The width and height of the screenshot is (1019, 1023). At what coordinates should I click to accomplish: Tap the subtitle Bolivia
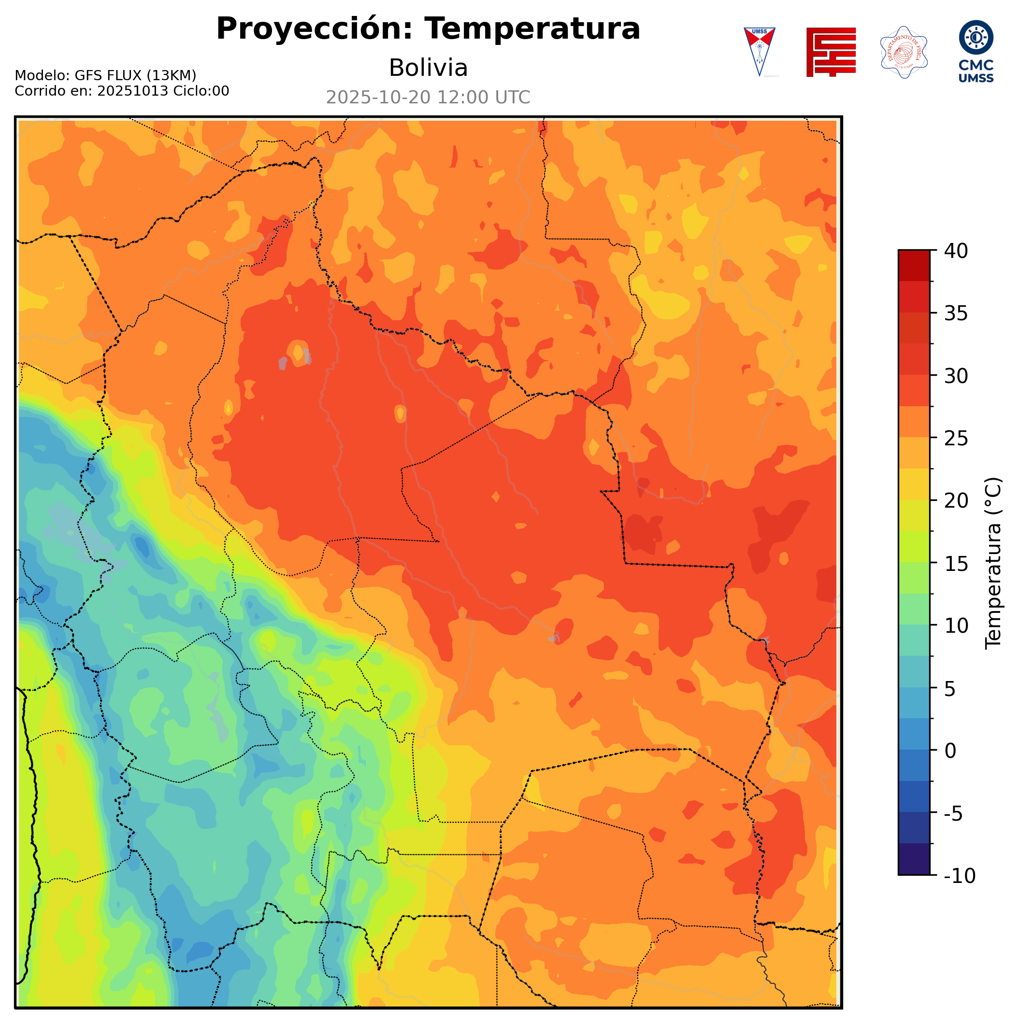[x=428, y=68]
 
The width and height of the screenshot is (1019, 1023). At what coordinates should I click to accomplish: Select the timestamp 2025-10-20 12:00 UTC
[x=428, y=98]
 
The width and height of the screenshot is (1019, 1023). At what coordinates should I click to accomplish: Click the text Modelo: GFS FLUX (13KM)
[x=105, y=76]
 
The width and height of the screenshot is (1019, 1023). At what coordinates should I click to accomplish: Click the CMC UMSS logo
[x=976, y=51]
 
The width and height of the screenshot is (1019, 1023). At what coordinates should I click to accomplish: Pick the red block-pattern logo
[x=831, y=52]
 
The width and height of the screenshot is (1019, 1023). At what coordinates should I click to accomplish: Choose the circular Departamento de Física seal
[x=903, y=52]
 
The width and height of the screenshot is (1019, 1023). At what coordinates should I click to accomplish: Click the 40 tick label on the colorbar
[x=956, y=251]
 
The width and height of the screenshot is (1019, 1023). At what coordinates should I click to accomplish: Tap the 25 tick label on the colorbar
[x=956, y=439]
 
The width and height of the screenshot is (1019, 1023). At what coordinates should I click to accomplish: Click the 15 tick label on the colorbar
[x=956, y=563]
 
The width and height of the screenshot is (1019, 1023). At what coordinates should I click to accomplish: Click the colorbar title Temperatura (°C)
[x=993, y=563]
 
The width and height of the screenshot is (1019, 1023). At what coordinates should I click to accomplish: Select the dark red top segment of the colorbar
[x=914, y=265]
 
